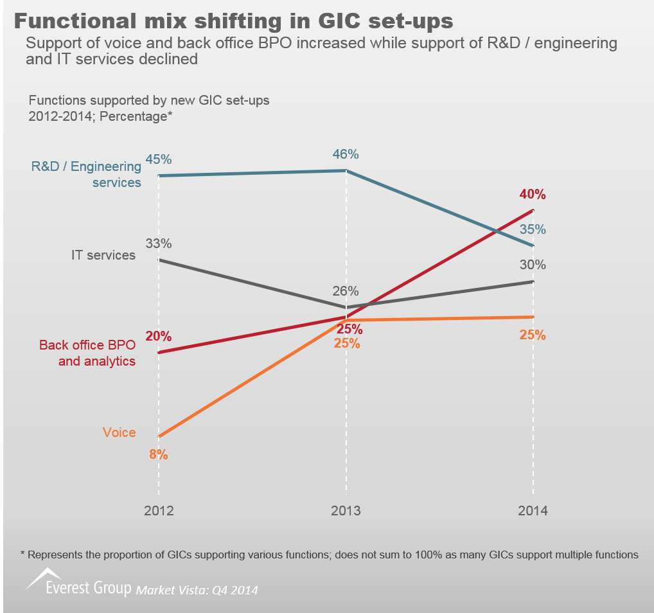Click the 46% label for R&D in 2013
tap(346, 155)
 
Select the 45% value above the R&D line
tap(159, 159)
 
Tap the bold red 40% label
tap(533, 195)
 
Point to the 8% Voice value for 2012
tap(159, 455)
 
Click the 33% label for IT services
tap(159, 244)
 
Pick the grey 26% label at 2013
tap(346, 291)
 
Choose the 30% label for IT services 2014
tap(533, 265)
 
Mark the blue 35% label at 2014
tap(533, 229)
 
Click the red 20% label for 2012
tap(159, 336)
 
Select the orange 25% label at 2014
tap(533, 335)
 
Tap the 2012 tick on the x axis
tap(159, 511)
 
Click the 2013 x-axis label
tap(346, 511)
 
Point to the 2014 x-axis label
tap(533, 511)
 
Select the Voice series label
tap(119, 432)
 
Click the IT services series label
tap(103, 255)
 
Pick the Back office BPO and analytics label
tap(87, 353)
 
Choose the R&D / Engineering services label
tap(87, 174)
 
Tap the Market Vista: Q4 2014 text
tap(197, 589)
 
